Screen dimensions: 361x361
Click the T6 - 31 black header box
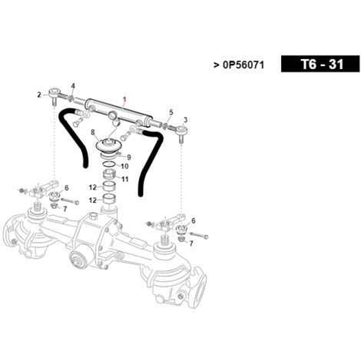[320, 64]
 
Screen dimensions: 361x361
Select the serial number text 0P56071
[243, 65]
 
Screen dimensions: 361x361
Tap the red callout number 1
[125, 98]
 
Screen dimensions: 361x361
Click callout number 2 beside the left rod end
[39, 95]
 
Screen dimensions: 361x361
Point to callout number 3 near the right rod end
[186, 120]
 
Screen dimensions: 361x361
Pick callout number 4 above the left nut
[73, 86]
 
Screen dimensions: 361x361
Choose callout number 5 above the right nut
[171, 112]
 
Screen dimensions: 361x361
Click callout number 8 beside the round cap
[93, 132]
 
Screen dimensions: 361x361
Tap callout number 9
[129, 157]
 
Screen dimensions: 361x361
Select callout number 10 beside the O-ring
[124, 167]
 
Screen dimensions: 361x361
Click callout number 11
[124, 179]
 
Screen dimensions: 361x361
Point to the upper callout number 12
[92, 187]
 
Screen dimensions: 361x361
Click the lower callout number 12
[92, 200]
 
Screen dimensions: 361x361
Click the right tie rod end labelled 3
[181, 133]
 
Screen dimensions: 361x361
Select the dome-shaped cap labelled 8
[108, 145]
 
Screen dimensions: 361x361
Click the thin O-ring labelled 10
[109, 164]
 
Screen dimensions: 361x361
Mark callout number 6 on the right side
[194, 220]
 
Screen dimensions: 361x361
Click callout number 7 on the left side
[65, 209]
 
